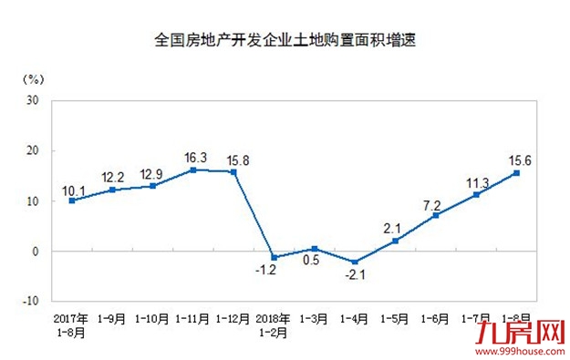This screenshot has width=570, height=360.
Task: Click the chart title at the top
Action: [x=285, y=41]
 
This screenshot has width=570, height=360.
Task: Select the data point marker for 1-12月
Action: [x=233, y=172]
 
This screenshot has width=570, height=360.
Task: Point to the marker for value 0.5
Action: [x=314, y=248]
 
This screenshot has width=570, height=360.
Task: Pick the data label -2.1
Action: [x=354, y=275]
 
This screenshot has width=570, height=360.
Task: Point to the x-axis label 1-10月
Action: [x=151, y=319]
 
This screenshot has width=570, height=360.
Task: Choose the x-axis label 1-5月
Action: [x=395, y=319]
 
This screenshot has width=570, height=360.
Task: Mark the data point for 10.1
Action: [x=71, y=201]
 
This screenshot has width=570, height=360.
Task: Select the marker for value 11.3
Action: [x=476, y=194]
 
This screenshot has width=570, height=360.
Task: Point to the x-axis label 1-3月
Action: [x=314, y=319]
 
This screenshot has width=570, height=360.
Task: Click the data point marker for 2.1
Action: [x=395, y=241]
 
